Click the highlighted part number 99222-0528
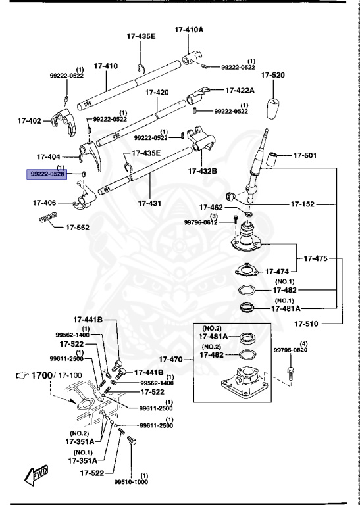pos(46,174)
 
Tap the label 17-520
pos(272,75)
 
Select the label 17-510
pos(307,324)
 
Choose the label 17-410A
pos(189,30)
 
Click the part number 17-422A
pos(241,90)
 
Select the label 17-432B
pos(203,171)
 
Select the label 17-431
pos(150,203)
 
